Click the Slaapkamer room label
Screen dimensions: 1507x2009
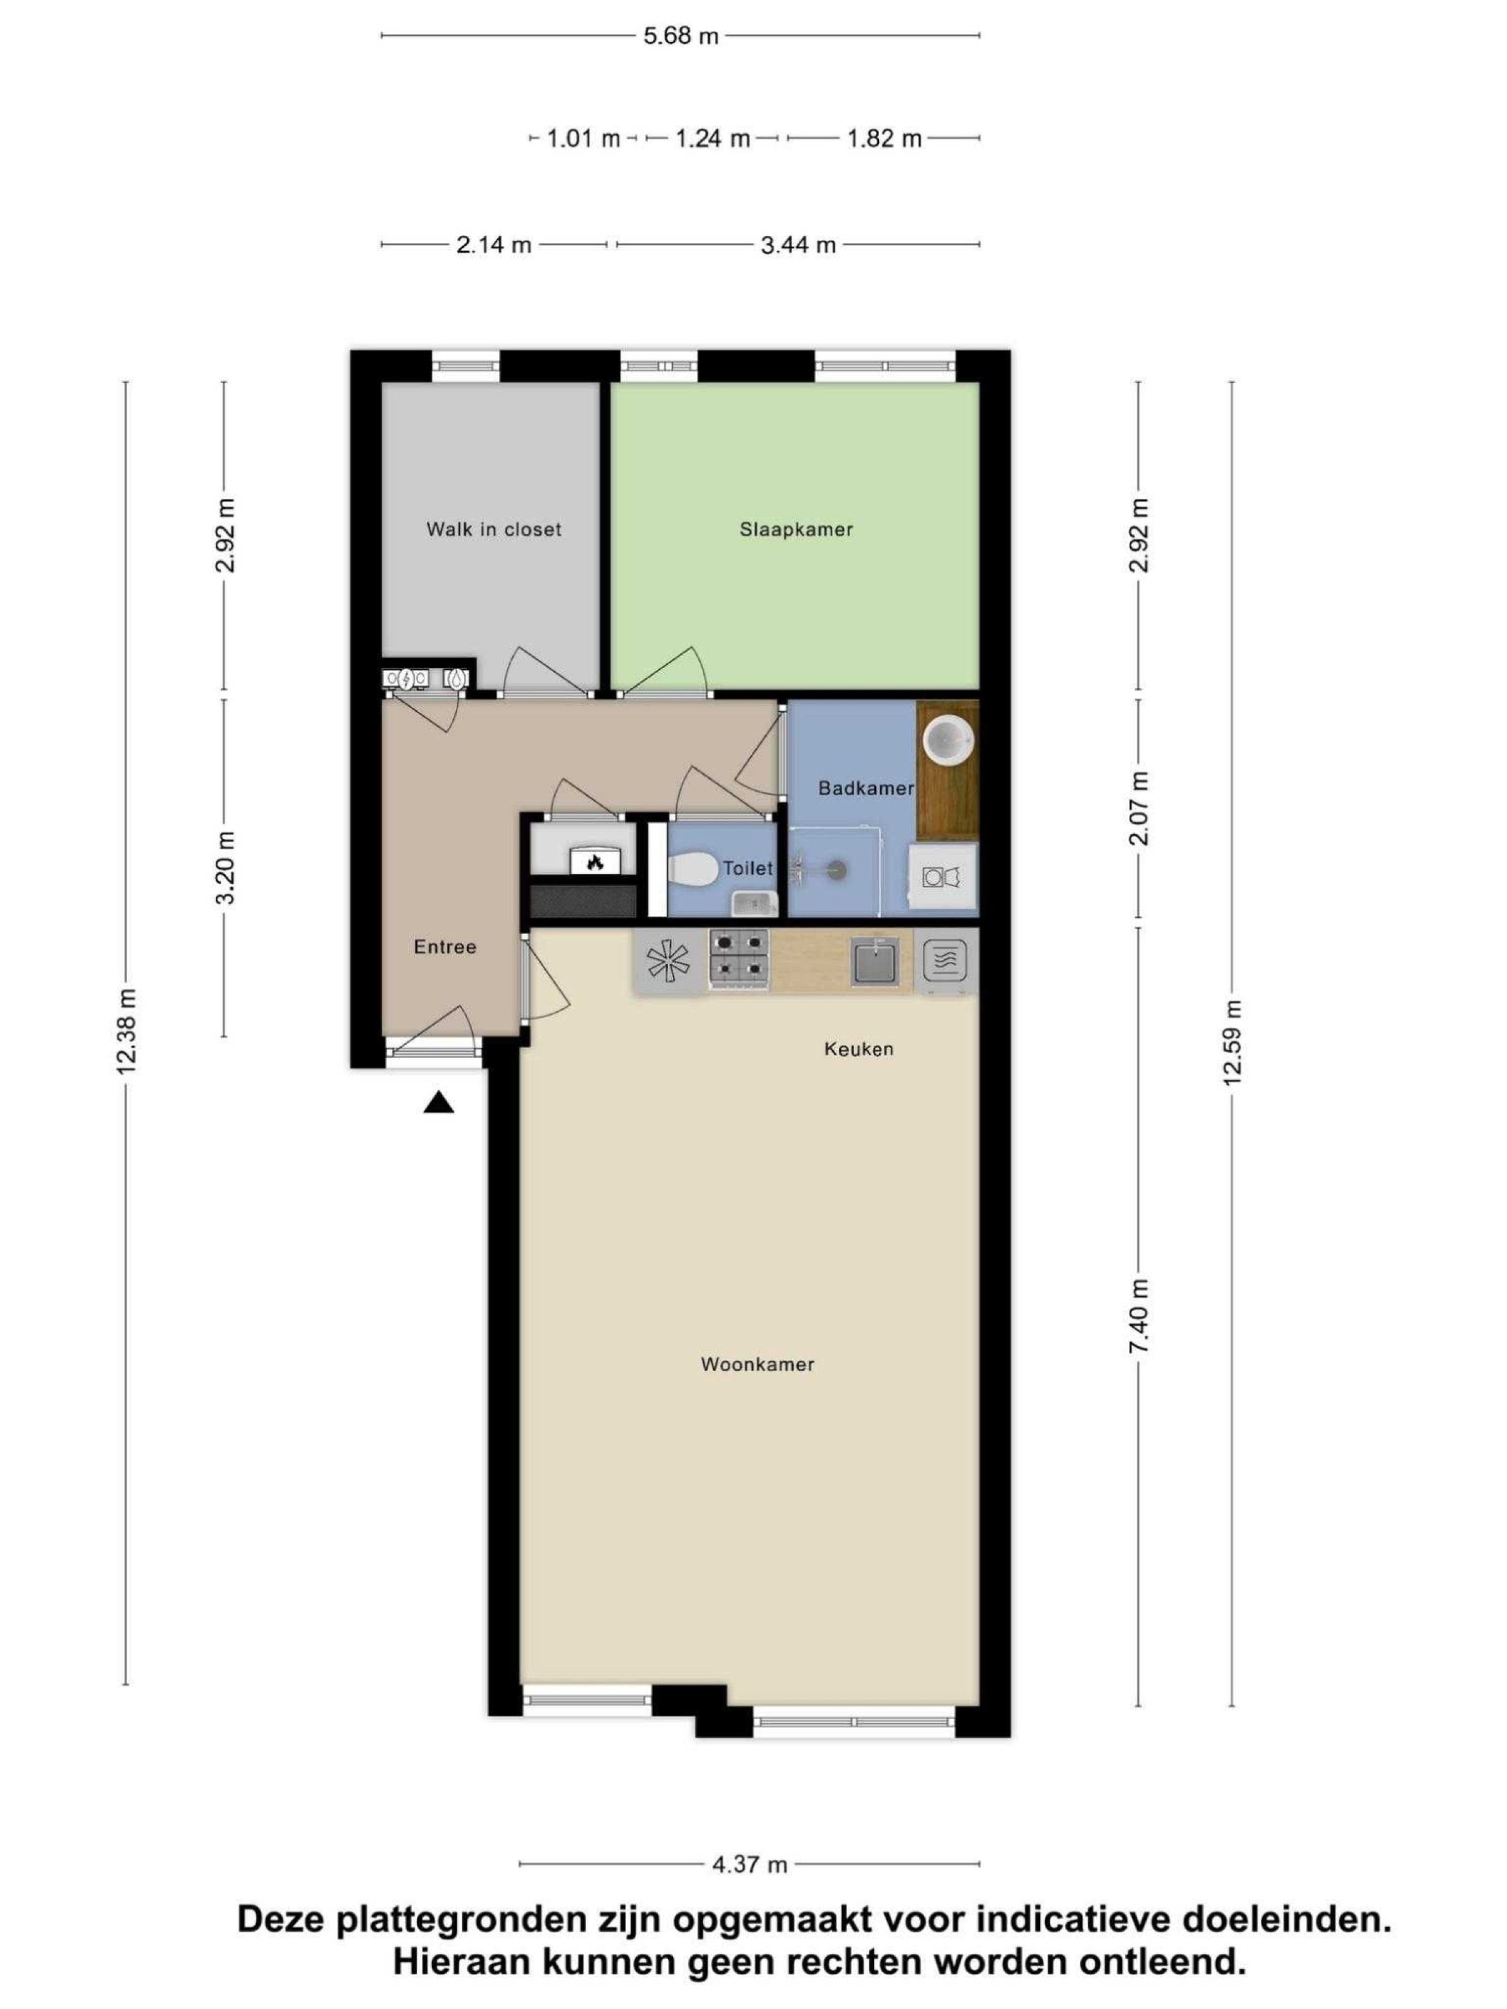point(796,529)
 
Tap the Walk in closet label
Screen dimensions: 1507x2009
point(494,529)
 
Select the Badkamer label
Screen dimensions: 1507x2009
point(866,787)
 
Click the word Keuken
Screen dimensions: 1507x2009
point(858,1049)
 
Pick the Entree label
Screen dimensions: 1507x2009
point(445,947)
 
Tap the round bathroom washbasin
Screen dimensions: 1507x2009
point(948,740)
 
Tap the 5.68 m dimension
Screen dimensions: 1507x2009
point(681,36)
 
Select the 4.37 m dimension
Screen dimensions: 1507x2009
point(749,1865)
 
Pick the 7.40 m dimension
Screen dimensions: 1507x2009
point(1138,1317)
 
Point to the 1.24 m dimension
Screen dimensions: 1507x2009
point(712,138)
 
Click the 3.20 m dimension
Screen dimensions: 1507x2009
point(224,868)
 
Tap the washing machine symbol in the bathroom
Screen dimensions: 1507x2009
point(943,877)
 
